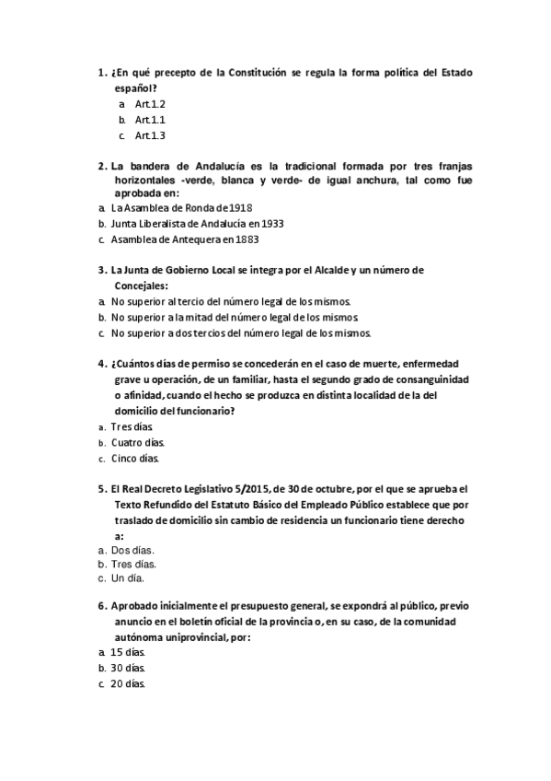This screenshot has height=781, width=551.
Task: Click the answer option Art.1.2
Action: (150, 104)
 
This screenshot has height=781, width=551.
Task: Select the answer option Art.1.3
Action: (150, 135)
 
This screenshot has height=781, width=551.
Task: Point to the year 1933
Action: (271, 224)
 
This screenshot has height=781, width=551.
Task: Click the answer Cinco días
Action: (135, 458)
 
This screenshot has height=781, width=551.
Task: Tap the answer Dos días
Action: (132, 549)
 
